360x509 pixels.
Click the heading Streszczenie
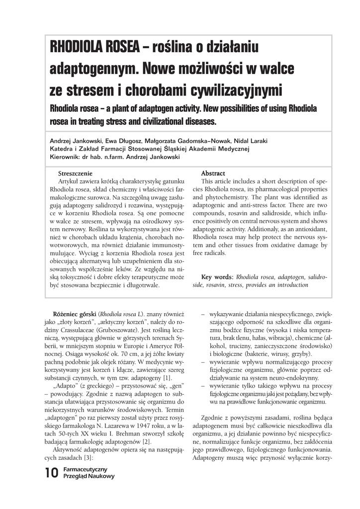coord(75,173)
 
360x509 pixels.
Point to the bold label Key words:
coord(217,277)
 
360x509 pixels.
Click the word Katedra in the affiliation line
coord(62,149)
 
